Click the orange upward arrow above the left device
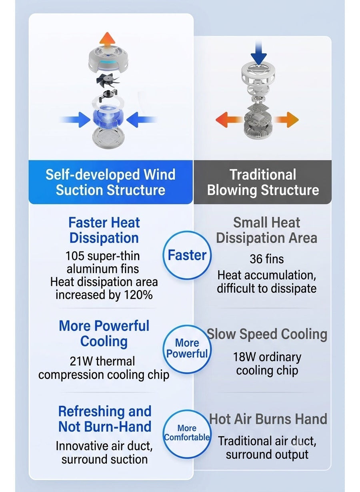(x=107, y=40)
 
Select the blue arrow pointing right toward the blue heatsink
(x=76, y=119)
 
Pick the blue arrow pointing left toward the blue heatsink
(x=142, y=119)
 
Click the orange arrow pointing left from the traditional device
(x=228, y=120)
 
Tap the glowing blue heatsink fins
(x=108, y=118)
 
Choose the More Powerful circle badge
(x=187, y=349)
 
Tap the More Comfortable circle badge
(x=187, y=434)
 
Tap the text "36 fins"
(x=266, y=259)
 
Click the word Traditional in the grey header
(x=263, y=175)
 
